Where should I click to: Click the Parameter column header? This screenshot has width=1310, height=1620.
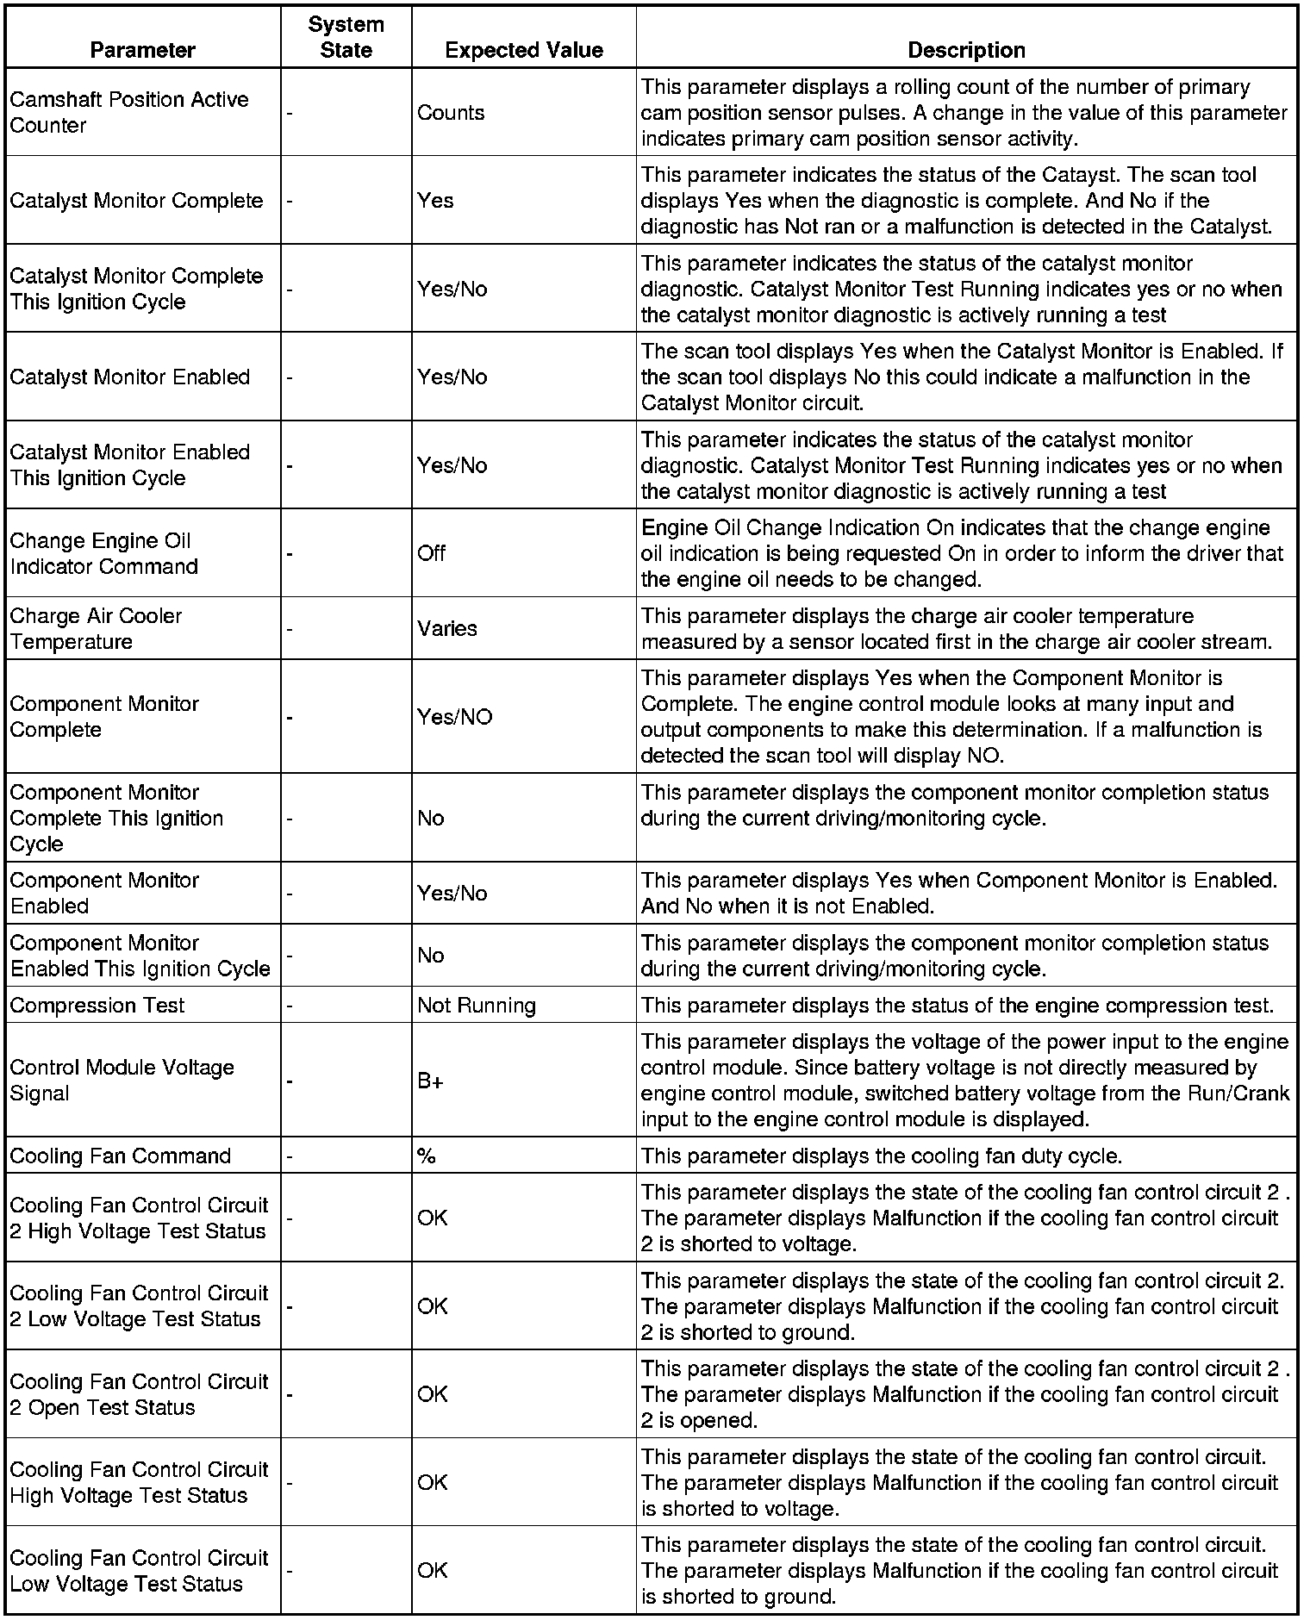point(142,50)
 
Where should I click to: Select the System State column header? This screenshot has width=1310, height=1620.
point(346,37)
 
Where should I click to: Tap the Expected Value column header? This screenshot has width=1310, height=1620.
point(523,50)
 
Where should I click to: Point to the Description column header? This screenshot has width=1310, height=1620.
point(966,50)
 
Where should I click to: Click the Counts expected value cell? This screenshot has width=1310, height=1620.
point(451,113)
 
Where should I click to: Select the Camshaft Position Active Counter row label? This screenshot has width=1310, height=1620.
point(129,112)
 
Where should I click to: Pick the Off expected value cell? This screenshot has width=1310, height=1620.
point(432,553)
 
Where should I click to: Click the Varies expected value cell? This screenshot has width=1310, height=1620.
point(446,628)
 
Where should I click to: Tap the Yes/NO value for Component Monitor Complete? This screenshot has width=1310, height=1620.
point(454,717)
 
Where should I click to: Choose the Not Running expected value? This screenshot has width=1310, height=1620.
point(477,1006)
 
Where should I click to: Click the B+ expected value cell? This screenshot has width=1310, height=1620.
point(430,1081)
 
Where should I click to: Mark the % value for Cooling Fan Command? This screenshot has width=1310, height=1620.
point(426,1156)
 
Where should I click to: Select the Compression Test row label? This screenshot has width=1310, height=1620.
point(97,1006)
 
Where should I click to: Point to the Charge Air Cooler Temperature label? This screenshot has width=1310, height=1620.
point(96,629)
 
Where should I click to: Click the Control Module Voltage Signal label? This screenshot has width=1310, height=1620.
point(122,1081)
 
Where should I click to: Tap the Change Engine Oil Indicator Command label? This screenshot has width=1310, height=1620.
point(103,553)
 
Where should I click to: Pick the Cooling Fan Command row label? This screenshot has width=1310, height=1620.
point(121,1156)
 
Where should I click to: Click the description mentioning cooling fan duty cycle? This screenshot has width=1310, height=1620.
point(881,1156)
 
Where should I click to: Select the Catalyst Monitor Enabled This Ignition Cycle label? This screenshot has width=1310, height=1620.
point(129,465)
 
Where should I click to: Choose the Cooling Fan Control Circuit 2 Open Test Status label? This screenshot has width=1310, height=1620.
point(139,1395)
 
